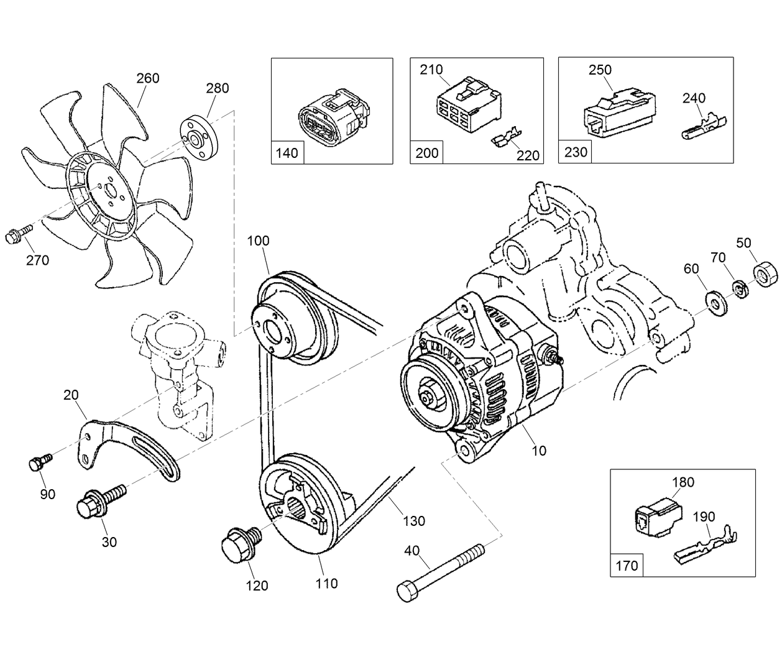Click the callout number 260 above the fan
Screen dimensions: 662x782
point(147,78)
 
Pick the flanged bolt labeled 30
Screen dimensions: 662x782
point(99,501)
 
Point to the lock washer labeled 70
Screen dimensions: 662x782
point(740,288)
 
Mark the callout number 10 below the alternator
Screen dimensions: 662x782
point(539,451)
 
